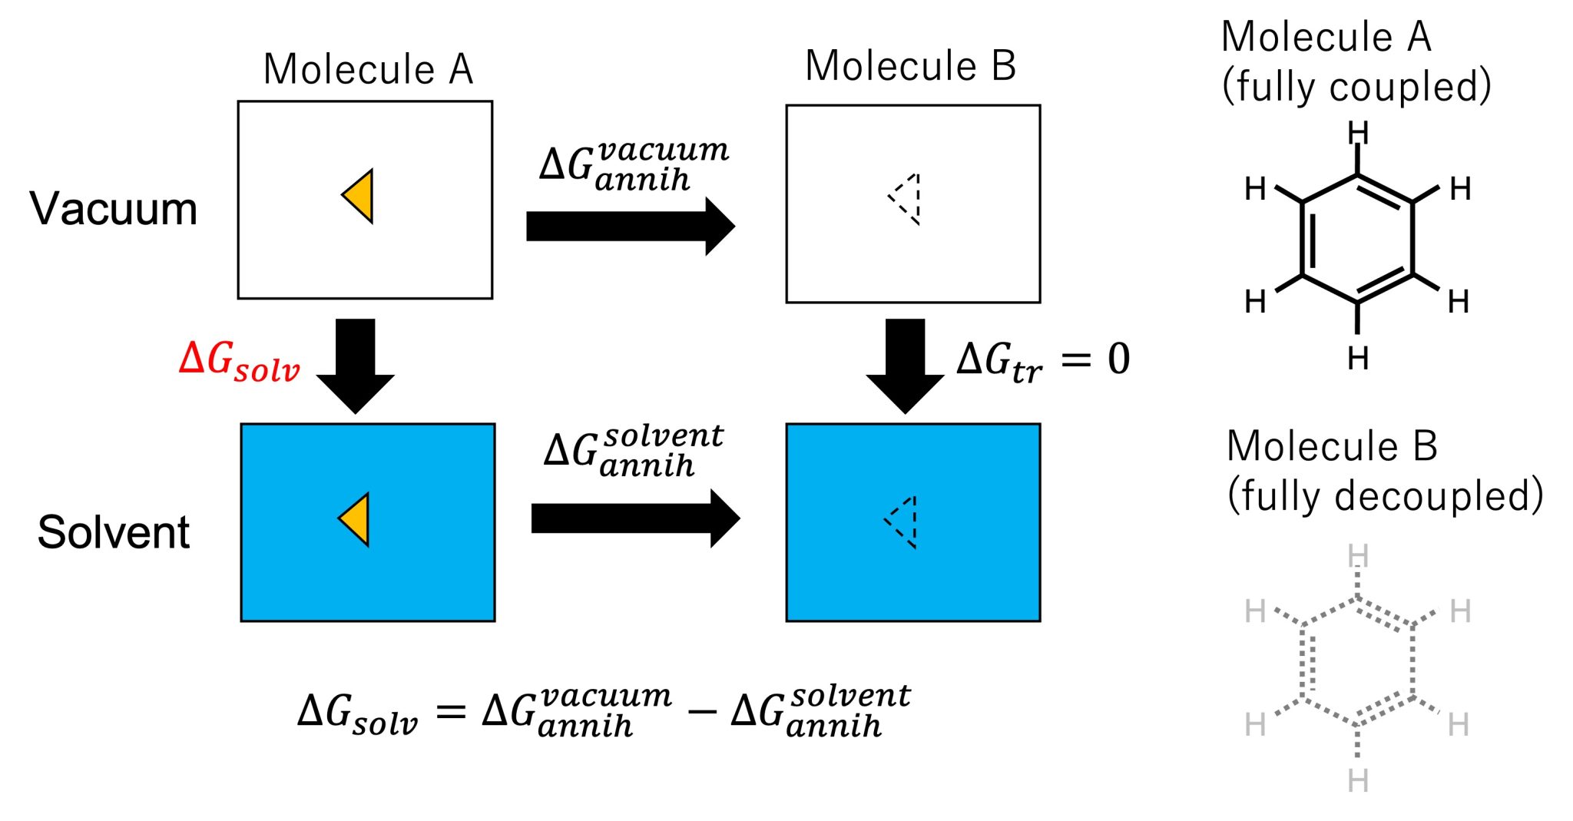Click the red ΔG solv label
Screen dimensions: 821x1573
pyautogui.click(x=239, y=361)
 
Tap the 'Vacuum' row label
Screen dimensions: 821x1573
pyautogui.click(x=114, y=209)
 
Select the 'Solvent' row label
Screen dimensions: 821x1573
pyautogui.click(x=114, y=532)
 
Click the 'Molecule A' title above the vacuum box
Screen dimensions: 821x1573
pyautogui.click(x=368, y=70)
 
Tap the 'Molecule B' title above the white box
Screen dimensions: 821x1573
pyautogui.click(x=910, y=66)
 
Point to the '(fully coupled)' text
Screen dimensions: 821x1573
pyautogui.click(x=1356, y=86)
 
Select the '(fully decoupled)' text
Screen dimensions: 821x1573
pyautogui.click(x=1385, y=495)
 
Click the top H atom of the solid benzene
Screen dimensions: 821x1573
pyautogui.click(x=1358, y=134)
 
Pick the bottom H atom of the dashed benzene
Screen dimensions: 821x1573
pyautogui.click(x=1358, y=781)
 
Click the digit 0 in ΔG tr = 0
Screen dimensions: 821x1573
pyautogui.click(x=1119, y=359)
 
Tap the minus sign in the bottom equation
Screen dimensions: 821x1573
pyautogui.click(x=701, y=712)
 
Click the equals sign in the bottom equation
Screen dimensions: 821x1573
pyautogui.click(x=451, y=712)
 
